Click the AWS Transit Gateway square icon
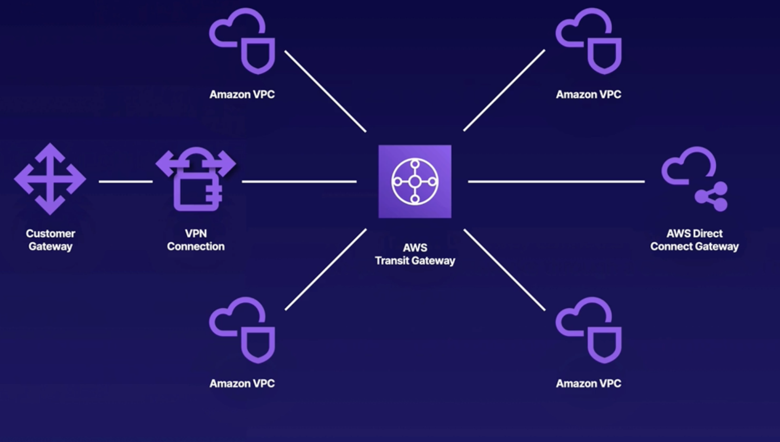[415, 181]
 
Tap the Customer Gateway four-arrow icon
[50, 179]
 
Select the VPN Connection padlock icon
[196, 180]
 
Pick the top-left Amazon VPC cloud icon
[242, 41]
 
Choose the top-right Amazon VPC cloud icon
[589, 41]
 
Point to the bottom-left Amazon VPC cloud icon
[242, 330]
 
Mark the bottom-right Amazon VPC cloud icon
[589, 330]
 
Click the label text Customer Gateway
[51, 240]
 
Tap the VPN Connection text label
[196, 240]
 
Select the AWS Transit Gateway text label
[415, 254]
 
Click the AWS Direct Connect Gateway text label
[694, 240]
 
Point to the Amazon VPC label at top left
[242, 94]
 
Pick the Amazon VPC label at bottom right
[588, 383]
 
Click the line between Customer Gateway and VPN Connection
[126, 181]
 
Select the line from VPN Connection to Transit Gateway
[299, 181]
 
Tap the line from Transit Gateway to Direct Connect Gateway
[556, 181]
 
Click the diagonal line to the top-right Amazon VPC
[504, 90]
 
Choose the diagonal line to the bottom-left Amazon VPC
[325, 269]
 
